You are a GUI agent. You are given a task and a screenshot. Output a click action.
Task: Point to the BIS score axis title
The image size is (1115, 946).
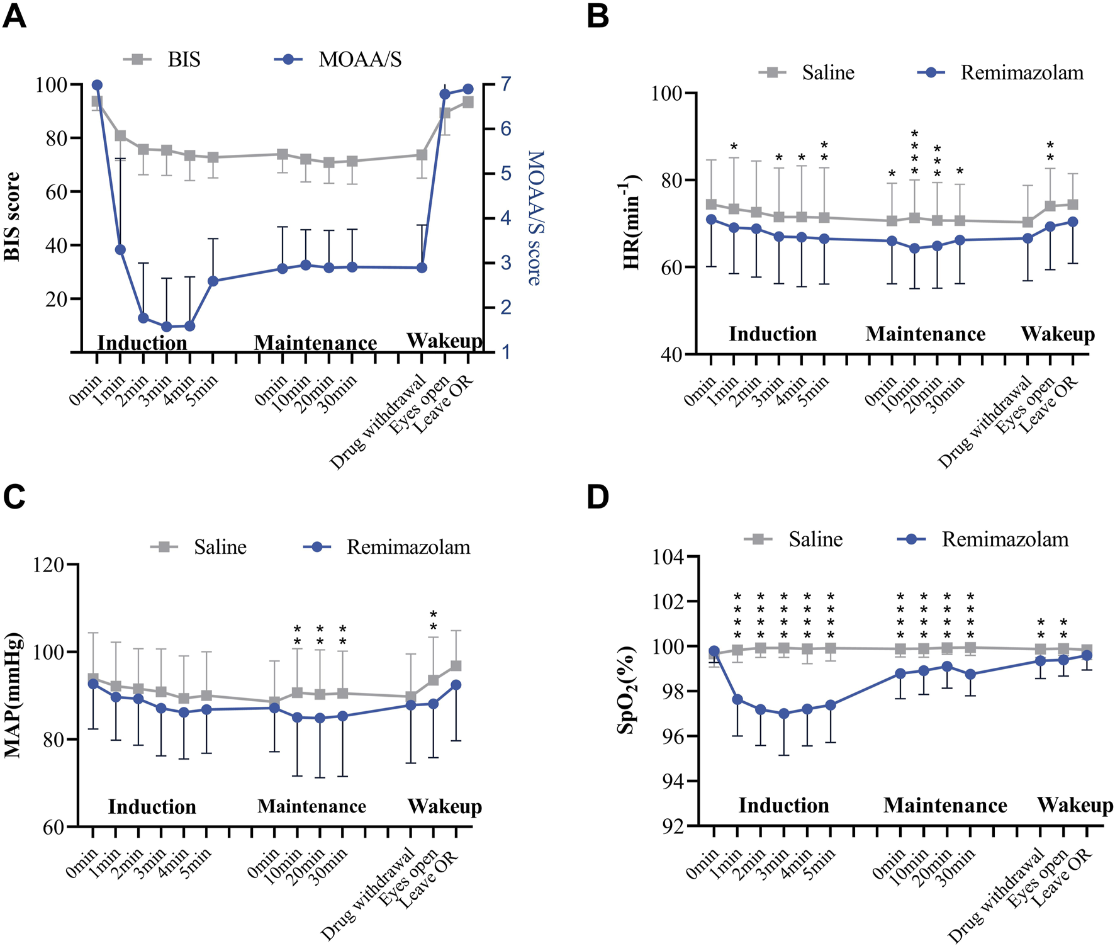13,217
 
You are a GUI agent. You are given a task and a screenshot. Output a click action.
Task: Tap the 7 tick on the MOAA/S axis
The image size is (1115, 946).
505,84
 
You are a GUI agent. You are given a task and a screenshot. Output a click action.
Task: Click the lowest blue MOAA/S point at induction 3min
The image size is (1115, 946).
167,327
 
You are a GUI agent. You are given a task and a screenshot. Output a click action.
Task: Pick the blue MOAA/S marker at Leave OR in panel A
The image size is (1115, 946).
468,89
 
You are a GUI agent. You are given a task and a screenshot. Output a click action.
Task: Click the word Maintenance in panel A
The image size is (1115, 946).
315,343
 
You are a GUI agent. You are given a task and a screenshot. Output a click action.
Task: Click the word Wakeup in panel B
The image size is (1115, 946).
1057,334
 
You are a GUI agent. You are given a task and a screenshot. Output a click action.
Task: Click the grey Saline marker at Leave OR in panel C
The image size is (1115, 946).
456,666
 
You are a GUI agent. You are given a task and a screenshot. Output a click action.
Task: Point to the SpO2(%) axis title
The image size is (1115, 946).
627,690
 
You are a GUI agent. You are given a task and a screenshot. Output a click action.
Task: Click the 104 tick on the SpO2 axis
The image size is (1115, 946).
673,557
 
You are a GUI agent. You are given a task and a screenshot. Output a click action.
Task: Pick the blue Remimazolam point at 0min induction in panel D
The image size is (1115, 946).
714,651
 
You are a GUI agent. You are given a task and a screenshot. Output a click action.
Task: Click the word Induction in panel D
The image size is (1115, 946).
783,806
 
